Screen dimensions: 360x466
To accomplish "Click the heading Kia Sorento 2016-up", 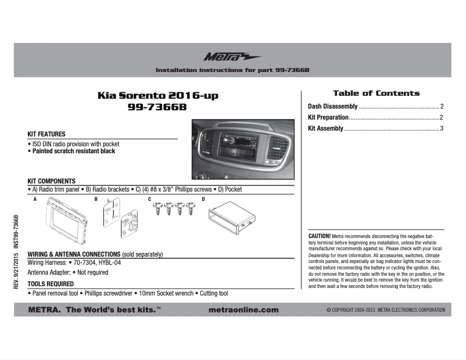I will click(x=158, y=95).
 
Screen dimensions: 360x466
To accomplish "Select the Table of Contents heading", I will click(x=376, y=93).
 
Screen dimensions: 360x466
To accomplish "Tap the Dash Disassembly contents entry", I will click(x=333, y=107).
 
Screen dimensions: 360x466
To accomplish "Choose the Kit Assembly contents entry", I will click(x=325, y=128).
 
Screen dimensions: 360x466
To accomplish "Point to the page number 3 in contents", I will click(x=442, y=128).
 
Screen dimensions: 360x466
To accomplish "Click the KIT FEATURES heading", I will click(x=46, y=135).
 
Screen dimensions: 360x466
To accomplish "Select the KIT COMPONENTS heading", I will click(x=52, y=181).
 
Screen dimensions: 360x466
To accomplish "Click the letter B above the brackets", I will click(x=96, y=199).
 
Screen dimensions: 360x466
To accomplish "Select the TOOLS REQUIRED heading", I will click(x=51, y=284).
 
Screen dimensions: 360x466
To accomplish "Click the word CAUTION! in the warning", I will click(x=319, y=236).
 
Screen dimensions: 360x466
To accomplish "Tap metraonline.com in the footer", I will click(x=243, y=310).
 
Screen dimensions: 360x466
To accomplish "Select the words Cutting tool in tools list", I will click(x=214, y=294).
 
